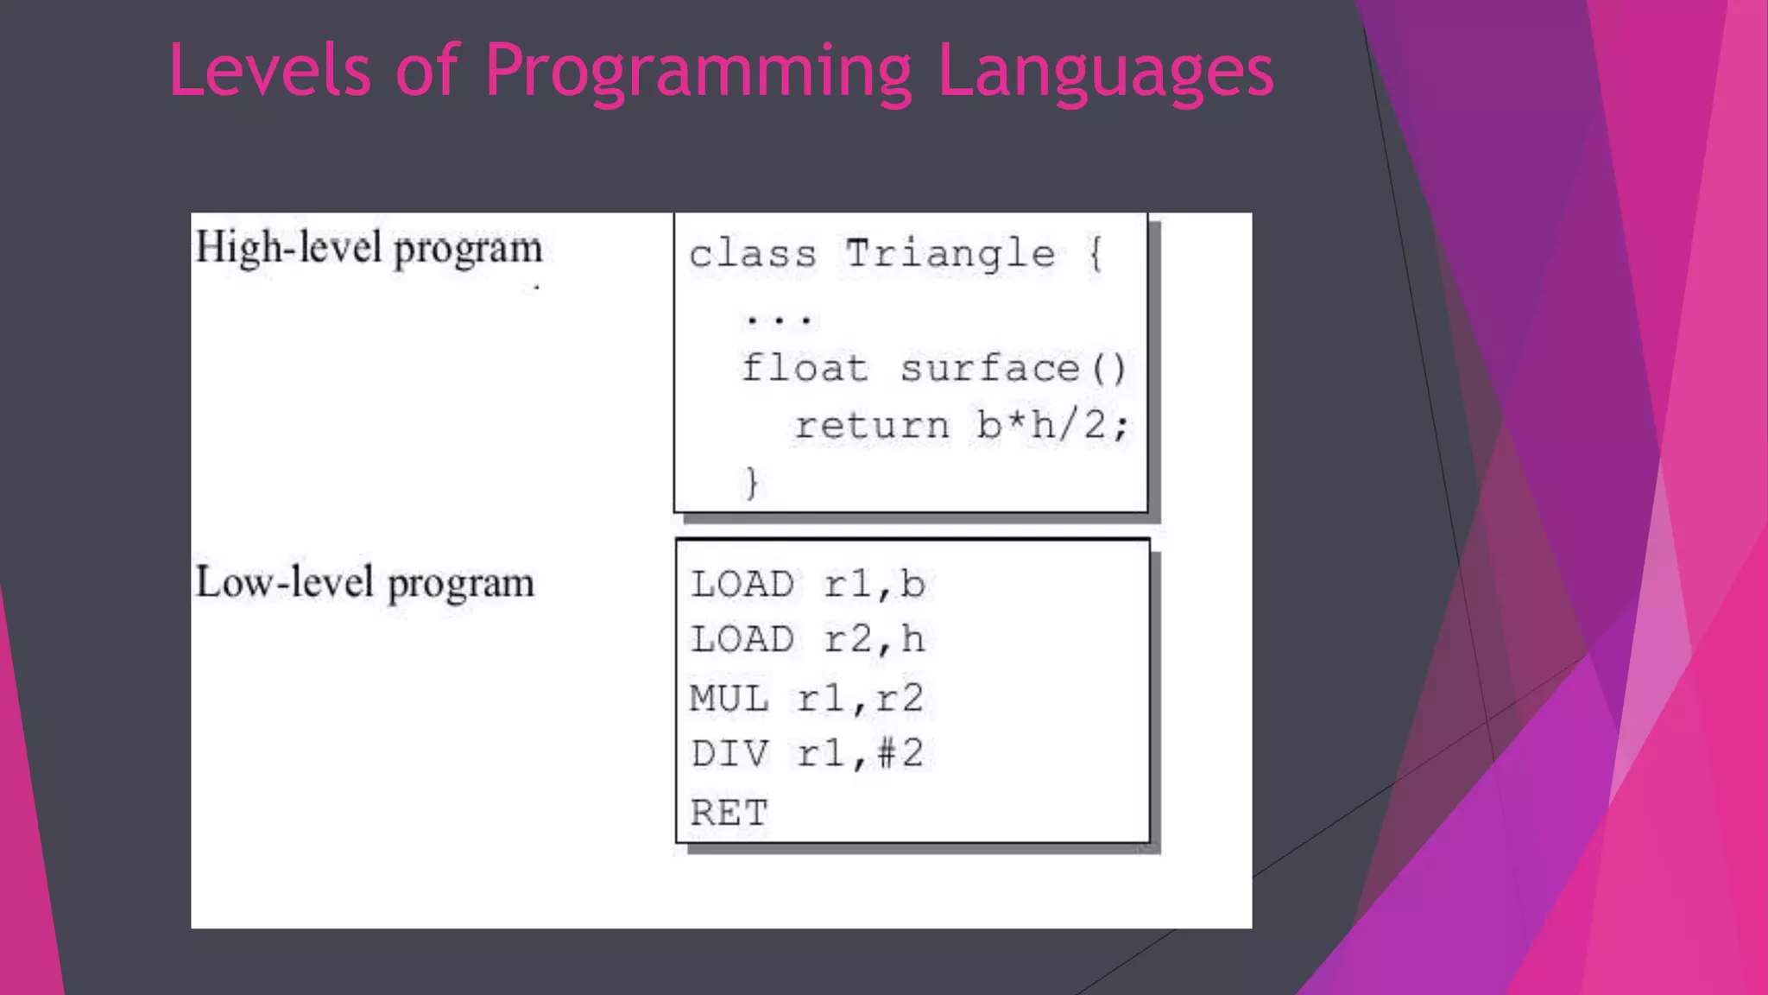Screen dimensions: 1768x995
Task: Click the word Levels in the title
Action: coord(269,71)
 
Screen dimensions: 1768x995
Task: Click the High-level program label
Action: coord(369,249)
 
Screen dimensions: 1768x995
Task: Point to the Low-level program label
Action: coord(364,583)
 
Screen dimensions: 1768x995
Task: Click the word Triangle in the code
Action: coord(950,254)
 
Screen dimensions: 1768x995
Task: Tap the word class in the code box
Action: coord(753,255)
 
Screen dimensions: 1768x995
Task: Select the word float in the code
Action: coord(805,369)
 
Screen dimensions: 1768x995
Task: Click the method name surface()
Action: coord(1013,369)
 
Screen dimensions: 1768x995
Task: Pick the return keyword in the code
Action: coord(872,425)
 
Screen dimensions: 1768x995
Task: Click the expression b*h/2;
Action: coord(1051,425)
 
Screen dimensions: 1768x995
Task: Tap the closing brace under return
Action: coord(752,482)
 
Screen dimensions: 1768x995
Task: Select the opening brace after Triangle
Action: coord(1095,254)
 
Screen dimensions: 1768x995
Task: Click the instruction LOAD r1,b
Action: coord(807,585)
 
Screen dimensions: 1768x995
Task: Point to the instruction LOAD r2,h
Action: coord(807,640)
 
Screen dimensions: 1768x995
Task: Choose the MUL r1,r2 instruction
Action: coord(805,698)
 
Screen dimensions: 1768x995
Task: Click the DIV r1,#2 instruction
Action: coord(806,754)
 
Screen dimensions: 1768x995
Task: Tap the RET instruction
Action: coord(728,813)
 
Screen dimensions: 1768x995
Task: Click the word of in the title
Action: coord(426,71)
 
